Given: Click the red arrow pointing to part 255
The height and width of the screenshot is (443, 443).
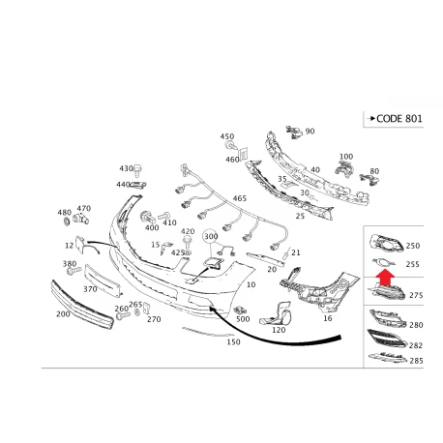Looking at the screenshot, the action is point(386,278).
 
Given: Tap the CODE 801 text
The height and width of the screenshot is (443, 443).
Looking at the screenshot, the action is point(399,119).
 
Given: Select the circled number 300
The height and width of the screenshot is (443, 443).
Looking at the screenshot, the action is point(211,236).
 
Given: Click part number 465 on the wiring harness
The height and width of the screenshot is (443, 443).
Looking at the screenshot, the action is point(240,198).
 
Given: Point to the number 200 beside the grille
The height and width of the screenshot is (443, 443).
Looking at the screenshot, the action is point(63,313).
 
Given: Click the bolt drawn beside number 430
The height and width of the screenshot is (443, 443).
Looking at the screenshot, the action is point(138,170).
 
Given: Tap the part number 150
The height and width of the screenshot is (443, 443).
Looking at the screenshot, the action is point(233,341).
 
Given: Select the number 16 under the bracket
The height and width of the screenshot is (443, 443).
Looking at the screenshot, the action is point(328,318).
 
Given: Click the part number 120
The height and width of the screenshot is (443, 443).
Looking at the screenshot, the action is point(279,330).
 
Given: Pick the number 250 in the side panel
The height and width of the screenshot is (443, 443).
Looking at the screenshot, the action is point(413,246).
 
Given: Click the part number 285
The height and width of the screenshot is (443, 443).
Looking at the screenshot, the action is point(416,361).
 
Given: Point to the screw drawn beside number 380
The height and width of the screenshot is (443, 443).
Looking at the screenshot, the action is point(74,271).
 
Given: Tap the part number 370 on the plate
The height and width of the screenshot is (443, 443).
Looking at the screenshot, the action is point(90,289).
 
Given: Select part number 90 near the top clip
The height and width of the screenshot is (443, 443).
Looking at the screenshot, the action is point(310,132).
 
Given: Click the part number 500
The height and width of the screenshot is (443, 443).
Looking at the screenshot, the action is point(243,319).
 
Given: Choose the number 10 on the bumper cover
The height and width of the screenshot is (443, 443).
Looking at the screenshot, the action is point(251,284).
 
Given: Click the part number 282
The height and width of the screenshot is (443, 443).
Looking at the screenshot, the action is point(416,345).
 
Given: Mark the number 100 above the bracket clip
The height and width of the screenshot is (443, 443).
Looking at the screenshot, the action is point(346,157).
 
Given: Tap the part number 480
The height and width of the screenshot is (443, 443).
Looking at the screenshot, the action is point(65,213).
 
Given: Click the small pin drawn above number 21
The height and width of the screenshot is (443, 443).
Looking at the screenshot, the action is point(286,254).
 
